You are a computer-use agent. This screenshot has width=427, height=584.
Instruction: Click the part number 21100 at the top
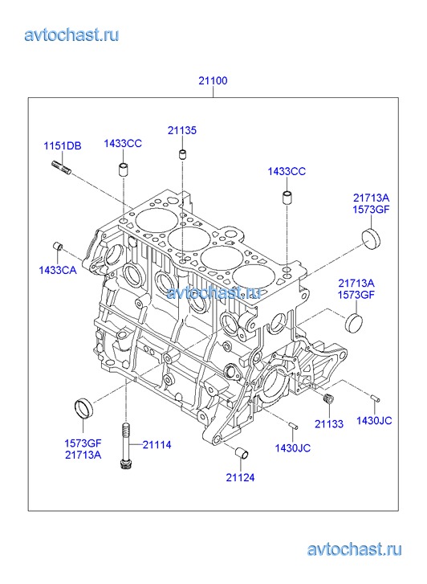(x=213, y=80)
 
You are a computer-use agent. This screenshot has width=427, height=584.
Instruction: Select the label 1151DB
(x=63, y=145)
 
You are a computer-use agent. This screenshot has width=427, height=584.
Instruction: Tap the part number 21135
(x=182, y=130)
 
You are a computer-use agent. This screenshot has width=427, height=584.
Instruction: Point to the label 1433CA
(x=58, y=270)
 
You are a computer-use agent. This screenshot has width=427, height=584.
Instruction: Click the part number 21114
(x=157, y=445)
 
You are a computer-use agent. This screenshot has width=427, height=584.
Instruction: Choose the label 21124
(x=241, y=477)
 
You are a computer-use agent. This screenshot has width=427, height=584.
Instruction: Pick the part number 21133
(x=329, y=424)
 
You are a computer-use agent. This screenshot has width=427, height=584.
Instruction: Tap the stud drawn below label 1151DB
(x=62, y=167)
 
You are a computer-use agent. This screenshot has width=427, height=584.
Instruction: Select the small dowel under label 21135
(x=182, y=154)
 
